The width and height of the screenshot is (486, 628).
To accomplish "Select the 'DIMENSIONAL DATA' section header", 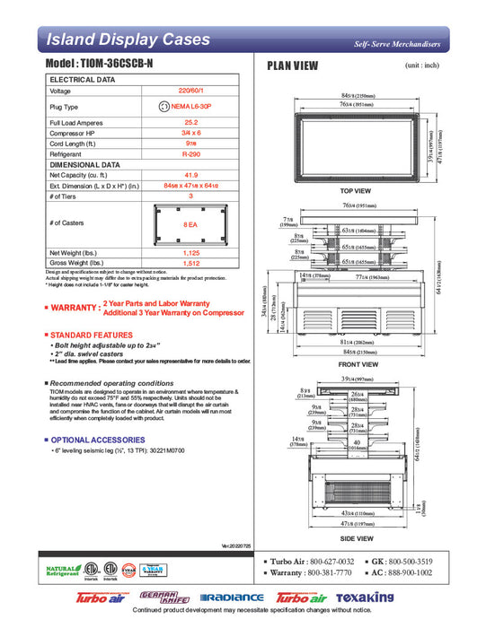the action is [85, 165].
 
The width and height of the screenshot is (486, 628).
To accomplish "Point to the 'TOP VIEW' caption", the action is [356, 192].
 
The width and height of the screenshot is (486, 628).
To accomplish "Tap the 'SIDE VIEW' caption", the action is [356, 538].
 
